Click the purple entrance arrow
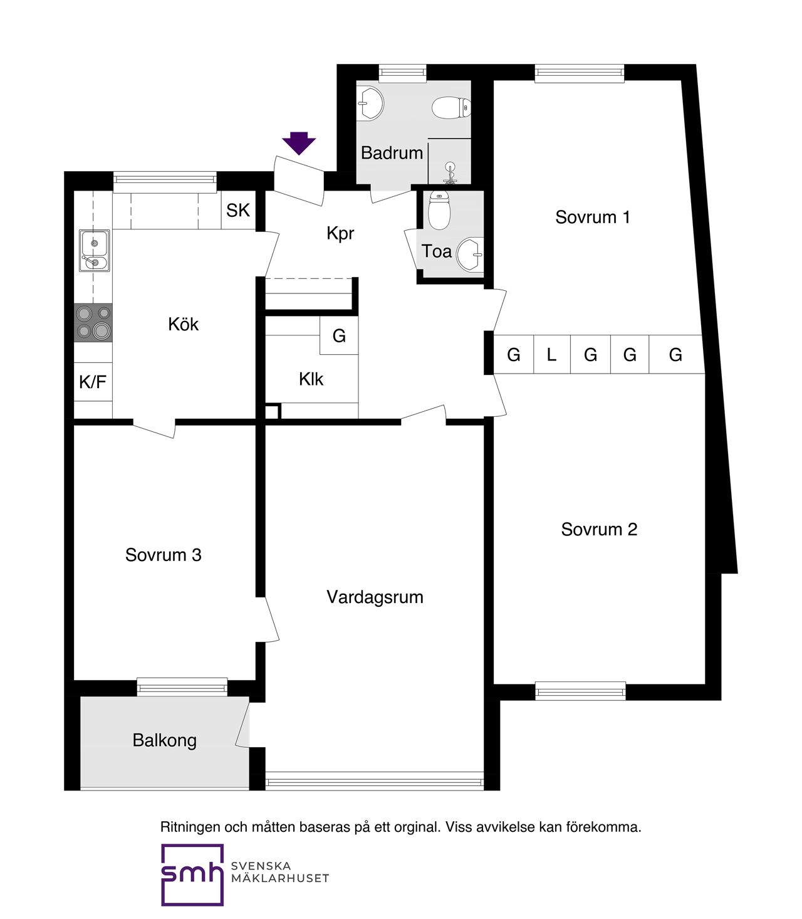pyautogui.click(x=299, y=144)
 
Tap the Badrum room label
pyautogui.click(x=392, y=153)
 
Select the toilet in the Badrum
pyautogui.click(x=451, y=108)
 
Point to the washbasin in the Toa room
pyautogui.click(x=470, y=255)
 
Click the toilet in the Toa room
pyautogui.click(x=439, y=211)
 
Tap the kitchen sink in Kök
pyautogui.click(x=94, y=251)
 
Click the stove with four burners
pyautogui.click(x=93, y=322)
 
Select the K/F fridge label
pyautogui.click(x=93, y=382)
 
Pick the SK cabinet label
pyautogui.click(x=238, y=210)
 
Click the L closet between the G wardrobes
pyautogui.click(x=551, y=354)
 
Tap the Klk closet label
pyautogui.click(x=311, y=379)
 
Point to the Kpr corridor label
pyautogui.click(x=340, y=234)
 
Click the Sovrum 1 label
pyautogui.click(x=592, y=218)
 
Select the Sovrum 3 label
pyautogui.click(x=164, y=555)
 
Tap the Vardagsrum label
pyautogui.click(x=375, y=597)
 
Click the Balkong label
pyautogui.click(x=164, y=741)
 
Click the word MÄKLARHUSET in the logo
pyautogui.click(x=280, y=878)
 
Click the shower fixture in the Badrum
pyautogui.click(x=450, y=174)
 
